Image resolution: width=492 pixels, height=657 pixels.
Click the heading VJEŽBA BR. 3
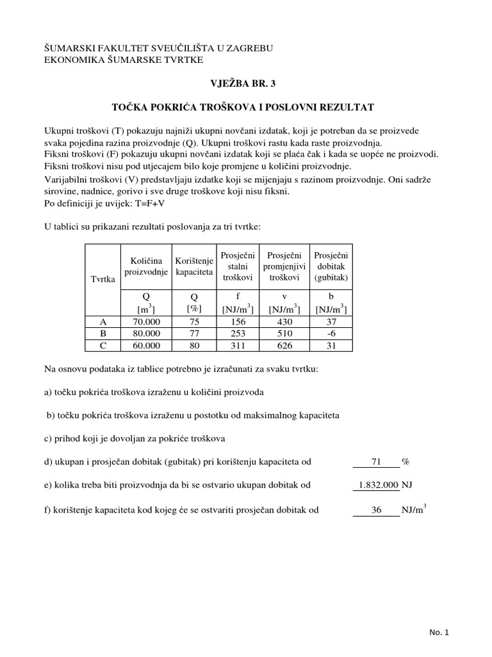(x=246, y=83)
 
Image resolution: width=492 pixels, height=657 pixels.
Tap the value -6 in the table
(x=330, y=333)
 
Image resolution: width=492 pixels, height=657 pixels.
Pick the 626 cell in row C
(x=284, y=345)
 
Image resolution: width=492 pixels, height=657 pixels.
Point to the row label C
(x=103, y=345)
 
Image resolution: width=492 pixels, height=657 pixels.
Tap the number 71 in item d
(x=376, y=461)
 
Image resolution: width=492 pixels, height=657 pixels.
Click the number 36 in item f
(x=376, y=511)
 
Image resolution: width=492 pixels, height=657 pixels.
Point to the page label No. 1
(x=440, y=633)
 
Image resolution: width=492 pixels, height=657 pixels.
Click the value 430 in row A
(x=284, y=321)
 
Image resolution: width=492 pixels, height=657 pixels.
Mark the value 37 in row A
(x=330, y=321)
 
